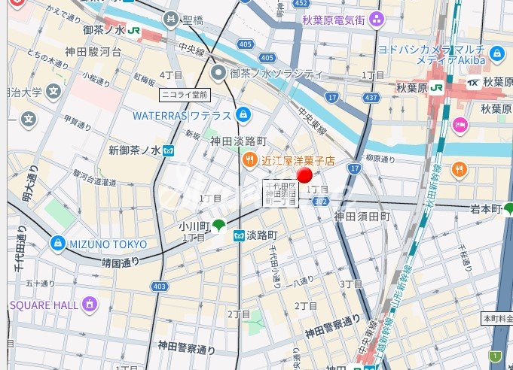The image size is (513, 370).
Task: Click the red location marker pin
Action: (305, 176)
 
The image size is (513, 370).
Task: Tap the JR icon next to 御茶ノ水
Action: (133, 31)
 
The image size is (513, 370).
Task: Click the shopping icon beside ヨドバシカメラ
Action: (496, 53)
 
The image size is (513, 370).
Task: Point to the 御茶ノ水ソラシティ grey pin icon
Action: (218, 73)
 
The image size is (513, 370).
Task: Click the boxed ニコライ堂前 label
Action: (184, 95)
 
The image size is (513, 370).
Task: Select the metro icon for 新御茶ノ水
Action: (169, 150)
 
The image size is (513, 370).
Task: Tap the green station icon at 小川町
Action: (218, 224)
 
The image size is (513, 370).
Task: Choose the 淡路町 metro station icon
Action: (239, 235)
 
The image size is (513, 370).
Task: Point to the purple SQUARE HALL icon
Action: (90, 305)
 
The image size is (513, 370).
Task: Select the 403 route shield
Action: (158, 286)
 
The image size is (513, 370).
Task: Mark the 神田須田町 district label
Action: (362, 217)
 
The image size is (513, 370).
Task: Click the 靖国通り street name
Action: (121, 262)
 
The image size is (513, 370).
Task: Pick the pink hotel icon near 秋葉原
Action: (460, 124)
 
